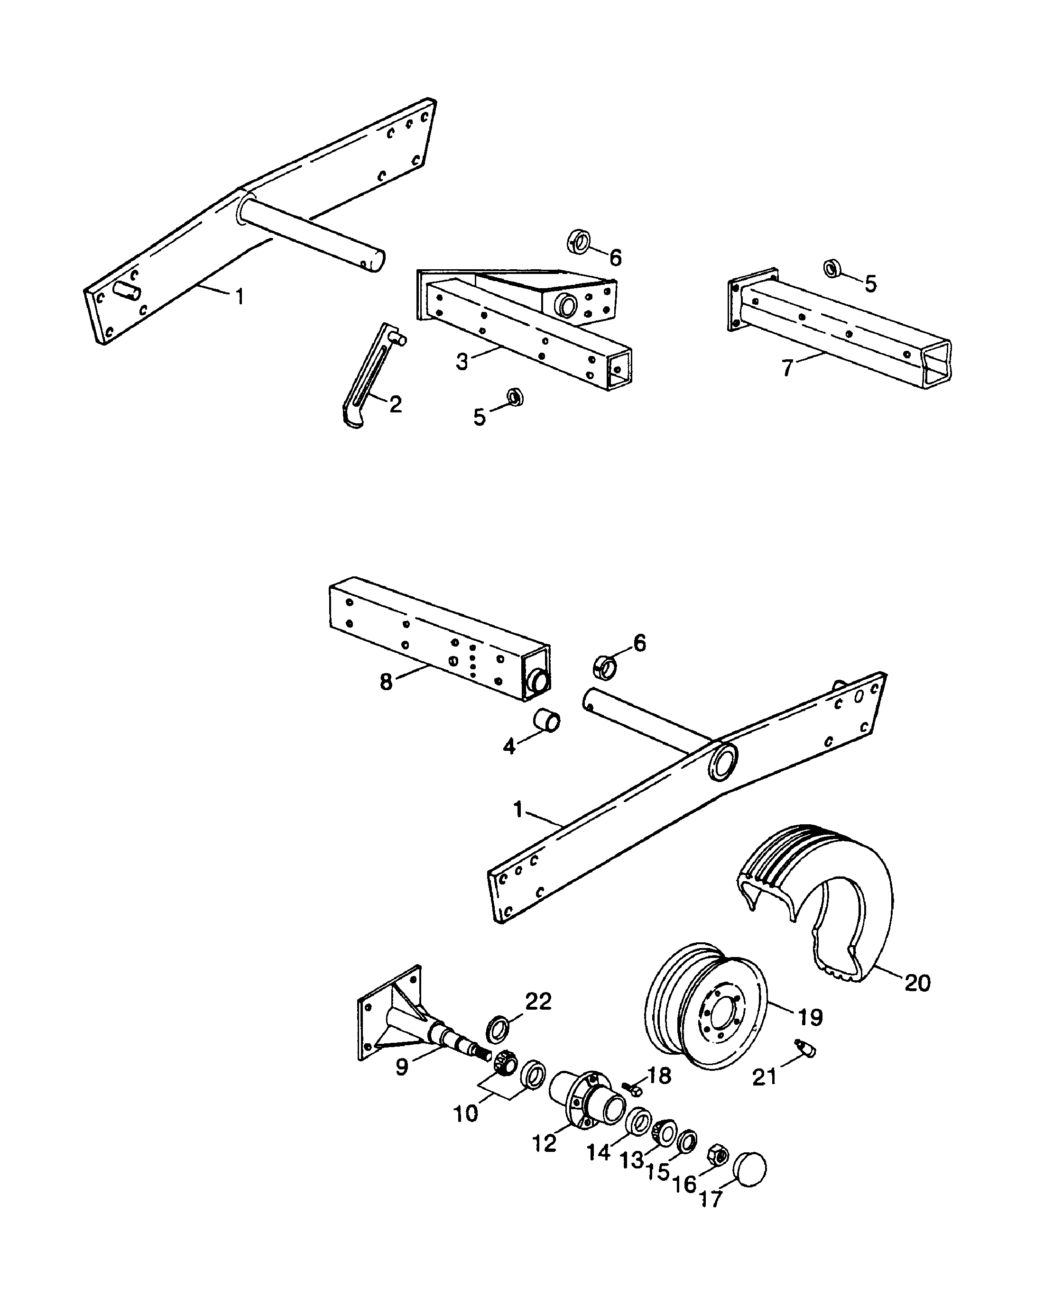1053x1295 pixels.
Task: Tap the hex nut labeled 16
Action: (x=719, y=1155)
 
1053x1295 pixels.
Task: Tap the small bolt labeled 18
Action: (x=633, y=1089)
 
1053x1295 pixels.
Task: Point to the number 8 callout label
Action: (x=386, y=682)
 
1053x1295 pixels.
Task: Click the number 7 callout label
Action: (x=787, y=368)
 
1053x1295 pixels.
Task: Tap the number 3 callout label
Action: (x=462, y=362)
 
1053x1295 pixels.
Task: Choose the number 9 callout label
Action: (x=402, y=1067)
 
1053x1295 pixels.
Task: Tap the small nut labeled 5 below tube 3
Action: (x=515, y=397)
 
